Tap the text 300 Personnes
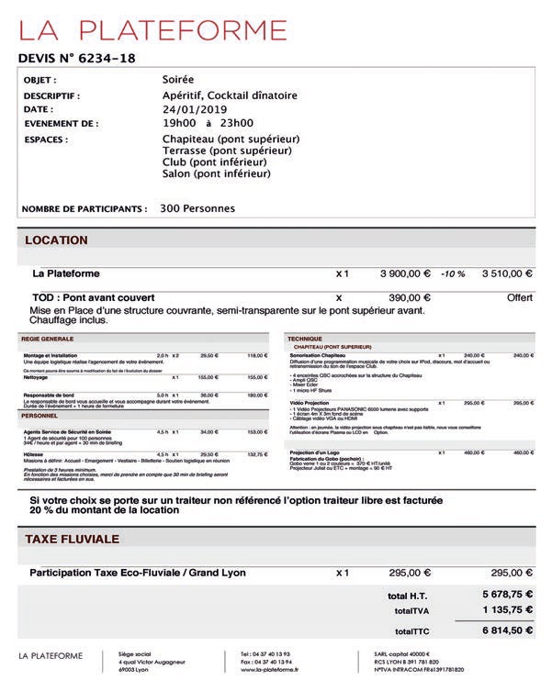click(x=197, y=208)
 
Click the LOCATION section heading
click(x=56, y=240)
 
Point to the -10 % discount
click(x=453, y=273)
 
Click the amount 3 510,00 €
click(x=507, y=273)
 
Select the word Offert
click(x=519, y=298)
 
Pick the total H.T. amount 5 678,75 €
click(x=506, y=595)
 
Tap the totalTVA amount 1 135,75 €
click(x=506, y=609)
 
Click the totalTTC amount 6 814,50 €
click(x=506, y=631)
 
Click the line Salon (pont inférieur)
click(x=216, y=173)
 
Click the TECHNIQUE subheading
click(x=305, y=339)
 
